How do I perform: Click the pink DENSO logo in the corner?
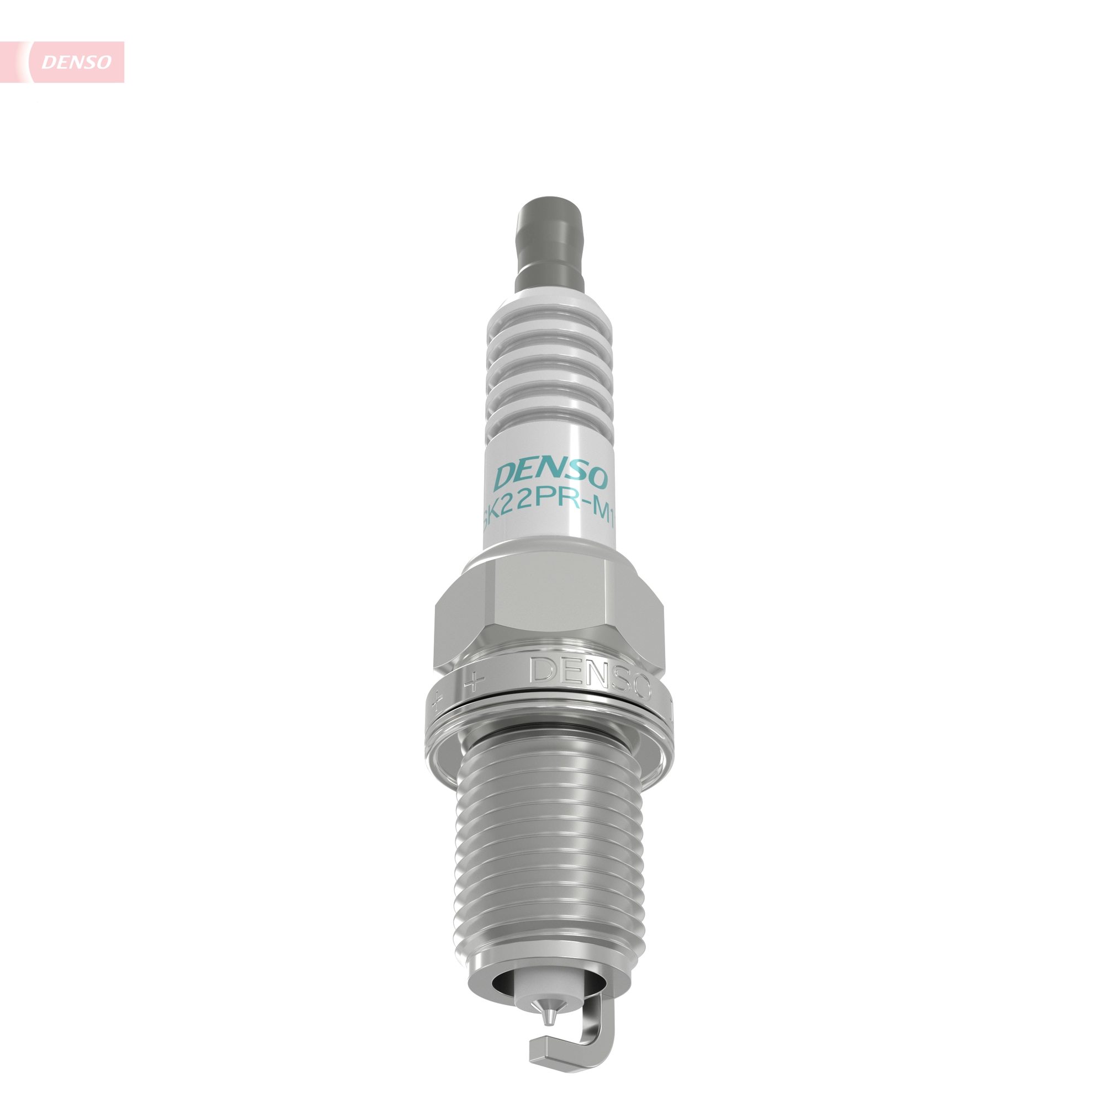(76, 62)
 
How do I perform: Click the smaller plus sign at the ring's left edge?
(439, 700)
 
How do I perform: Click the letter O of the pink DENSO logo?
(103, 62)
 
